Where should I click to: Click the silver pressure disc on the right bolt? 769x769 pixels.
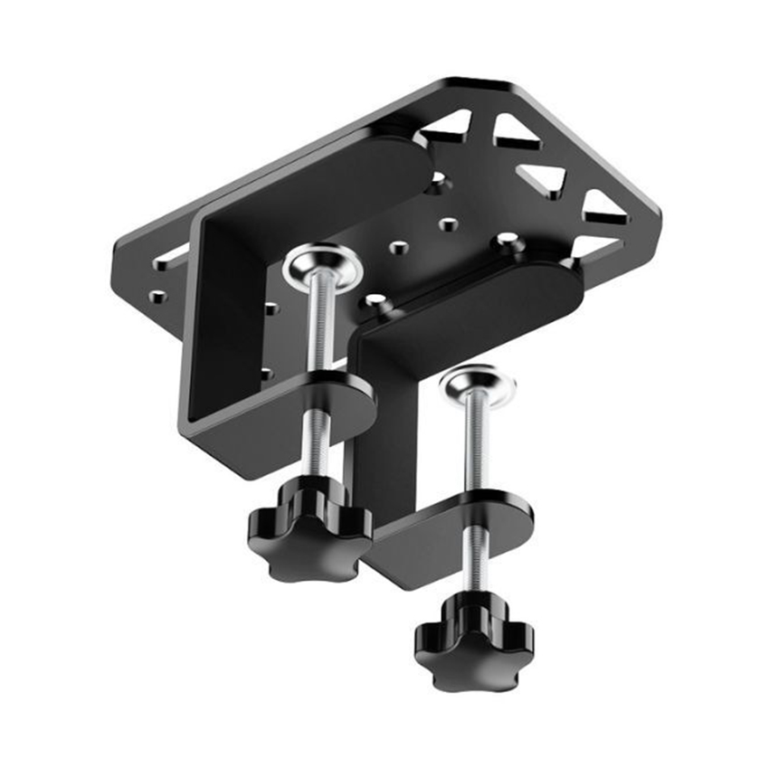478,384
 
